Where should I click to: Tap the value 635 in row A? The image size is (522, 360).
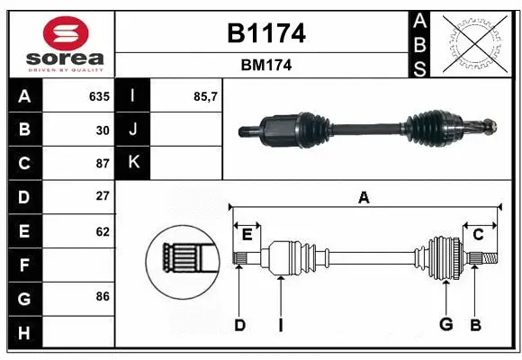pyautogui.click(x=99, y=96)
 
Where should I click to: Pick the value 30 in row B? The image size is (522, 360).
pyautogui.click(x=103, y=130)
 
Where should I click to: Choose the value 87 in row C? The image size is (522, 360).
pyautogui.click(x=103, y=163)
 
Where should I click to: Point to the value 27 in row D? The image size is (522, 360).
pyautogui.click(x=103, y=196)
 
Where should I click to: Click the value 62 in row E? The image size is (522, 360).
pyautogui.click(x=103, y=231)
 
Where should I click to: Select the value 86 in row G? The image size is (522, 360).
pyautogui.click(x=103, y=296)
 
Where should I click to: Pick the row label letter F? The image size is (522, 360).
pyautogui.click(x=23, y=265)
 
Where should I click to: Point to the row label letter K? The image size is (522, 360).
pyautogui.click(x=134, y=163)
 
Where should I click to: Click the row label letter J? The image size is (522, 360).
pyautogui.click(x=134, y=130)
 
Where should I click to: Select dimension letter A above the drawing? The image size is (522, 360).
pyautogui.click(x=364, y=197)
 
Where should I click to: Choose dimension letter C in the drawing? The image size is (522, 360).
pyautogui.click(x=478, y=235)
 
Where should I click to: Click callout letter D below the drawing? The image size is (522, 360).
pyautogui.click(x=239, y=325)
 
